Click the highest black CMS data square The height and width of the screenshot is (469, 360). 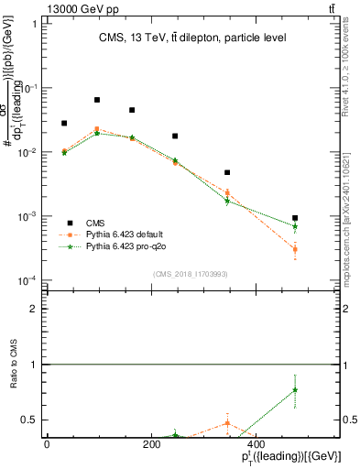pyautogui.click(x=97, y=100)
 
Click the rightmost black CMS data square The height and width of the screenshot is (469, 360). pyautogui.click(x=295, y=218)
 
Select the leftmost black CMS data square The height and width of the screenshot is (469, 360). pyautogui.click(x=64, y=123)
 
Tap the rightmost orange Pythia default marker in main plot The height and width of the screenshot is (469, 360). pyautogui.click(x=295, y=249)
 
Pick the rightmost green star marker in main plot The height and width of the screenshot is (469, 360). pyautogui.click(x=295, y=226)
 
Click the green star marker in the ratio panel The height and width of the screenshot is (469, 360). pyautogui.click(x=295, y=390)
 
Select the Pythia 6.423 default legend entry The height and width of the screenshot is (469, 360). pyautogui.click(x=120, y=235)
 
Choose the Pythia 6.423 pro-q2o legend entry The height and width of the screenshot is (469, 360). pyautogui.click(x=120, y=247)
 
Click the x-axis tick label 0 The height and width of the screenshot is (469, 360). pyautogui.click(x=47, y=444)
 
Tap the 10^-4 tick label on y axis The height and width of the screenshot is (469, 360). pyautogui.click(x=27, y=280)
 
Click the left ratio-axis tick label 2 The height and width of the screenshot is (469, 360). pyautogui.click(x=35, y=310)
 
